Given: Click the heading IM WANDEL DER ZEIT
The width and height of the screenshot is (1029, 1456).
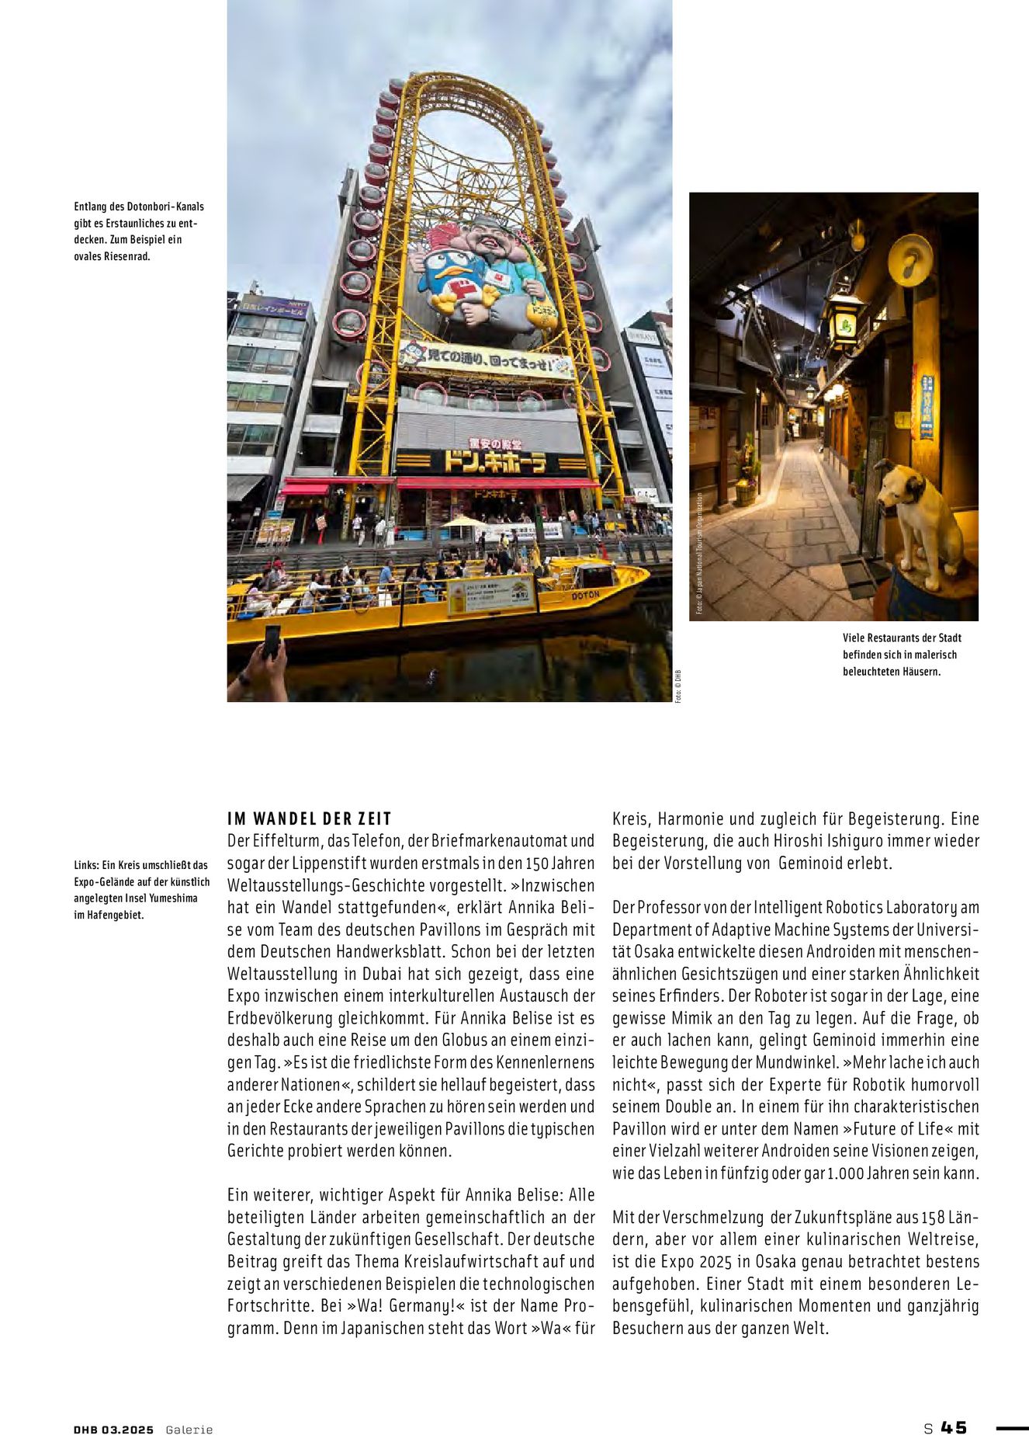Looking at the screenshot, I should (x=310, y=818).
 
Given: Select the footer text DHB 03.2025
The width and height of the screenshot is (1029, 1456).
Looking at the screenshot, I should (x=113, y=1430).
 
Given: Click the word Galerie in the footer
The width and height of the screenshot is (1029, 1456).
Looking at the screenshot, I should (x=189, y=1430).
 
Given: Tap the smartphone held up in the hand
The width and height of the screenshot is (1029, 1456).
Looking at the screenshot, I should (x=272, y=641).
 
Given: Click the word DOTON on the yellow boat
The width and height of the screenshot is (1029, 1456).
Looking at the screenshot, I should (x=585, y=596).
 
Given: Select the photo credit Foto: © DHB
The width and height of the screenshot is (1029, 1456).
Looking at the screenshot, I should (x=677, y=686).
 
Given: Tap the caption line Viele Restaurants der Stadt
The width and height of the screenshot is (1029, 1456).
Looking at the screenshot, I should (x=902, y=638).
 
